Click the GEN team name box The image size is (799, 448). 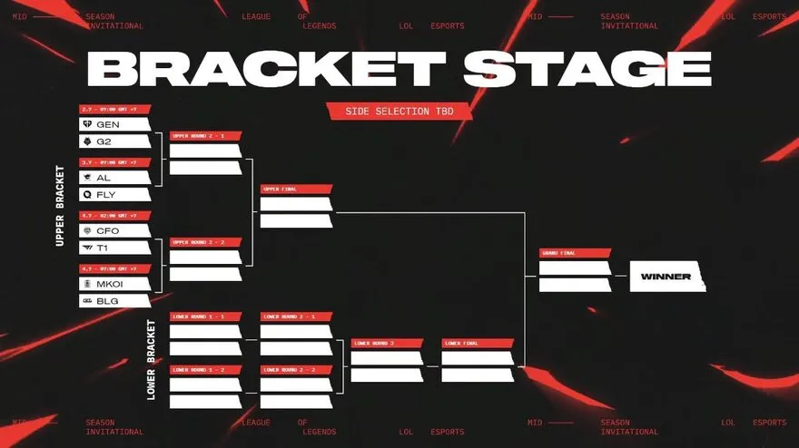point(113,124)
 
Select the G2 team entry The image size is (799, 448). point(113,141)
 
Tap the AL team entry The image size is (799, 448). point(113,178)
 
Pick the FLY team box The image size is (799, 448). point(113,194)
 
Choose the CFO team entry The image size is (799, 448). point(113,230)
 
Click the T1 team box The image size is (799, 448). point(113,248)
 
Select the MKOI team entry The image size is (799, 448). point(113,284)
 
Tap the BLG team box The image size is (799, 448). point(113,301)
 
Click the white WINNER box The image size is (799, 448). point(666,277)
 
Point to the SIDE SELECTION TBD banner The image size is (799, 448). point(402,112)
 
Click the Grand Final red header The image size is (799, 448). point(575,253)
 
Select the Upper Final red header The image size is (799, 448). point(296,190)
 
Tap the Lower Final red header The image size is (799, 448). point(478,344)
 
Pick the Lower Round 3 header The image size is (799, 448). point(387,344)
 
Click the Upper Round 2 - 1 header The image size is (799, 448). point(205,136)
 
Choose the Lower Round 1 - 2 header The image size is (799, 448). point(205,369)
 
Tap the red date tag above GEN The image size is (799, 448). point(114,110)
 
